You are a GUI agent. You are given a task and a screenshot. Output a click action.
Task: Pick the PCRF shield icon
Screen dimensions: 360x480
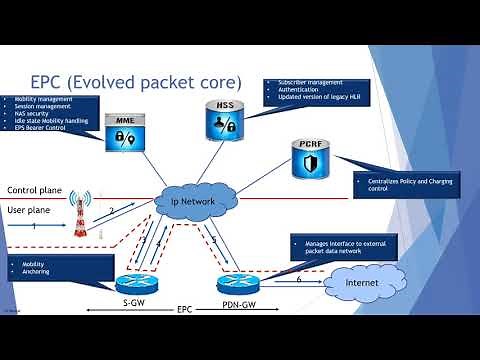309,157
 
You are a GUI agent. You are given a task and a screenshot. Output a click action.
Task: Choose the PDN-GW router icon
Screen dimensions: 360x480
235,283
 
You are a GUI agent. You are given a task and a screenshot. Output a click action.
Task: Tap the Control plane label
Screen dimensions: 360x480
36,190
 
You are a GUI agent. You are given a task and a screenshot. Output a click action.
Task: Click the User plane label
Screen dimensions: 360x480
30,210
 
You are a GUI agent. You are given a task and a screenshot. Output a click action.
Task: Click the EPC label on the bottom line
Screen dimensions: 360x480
186,310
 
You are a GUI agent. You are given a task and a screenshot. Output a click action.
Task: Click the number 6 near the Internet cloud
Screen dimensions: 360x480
299,279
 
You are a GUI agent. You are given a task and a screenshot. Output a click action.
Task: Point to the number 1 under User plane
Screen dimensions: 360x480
35,227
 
